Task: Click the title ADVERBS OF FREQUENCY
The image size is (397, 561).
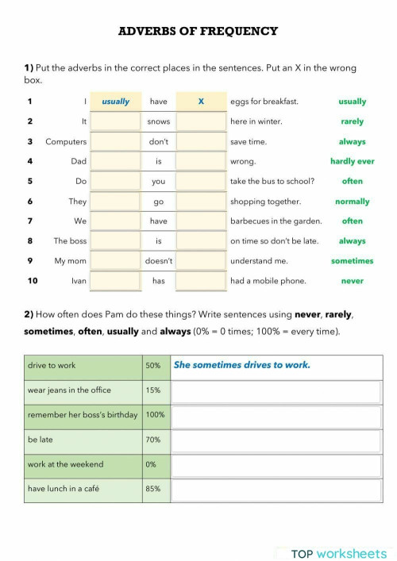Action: click(x=198, y=32)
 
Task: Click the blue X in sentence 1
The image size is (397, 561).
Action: click(x=201, y=102)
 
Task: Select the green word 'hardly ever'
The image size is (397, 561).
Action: click(x=352, y=161)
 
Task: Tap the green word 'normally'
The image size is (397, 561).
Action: click(x=352, y=202)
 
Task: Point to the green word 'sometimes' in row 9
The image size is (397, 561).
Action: click(x=352, y=261)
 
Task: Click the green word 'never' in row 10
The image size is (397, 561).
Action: click(x=352, y=281)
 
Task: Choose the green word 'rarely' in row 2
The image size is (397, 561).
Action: click(x=352, y=121)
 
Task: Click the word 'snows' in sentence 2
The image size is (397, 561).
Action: click(x=159, y=121)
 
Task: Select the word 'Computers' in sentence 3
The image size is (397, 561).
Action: click(x=66, y=141)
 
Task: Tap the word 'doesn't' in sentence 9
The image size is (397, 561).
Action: click(x=159, y=261)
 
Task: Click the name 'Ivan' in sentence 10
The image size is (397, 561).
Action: click(x=78, y=281)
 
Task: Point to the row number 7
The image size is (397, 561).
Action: click(x=30, y=221)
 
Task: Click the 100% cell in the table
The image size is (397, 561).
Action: click(x=155, y=415)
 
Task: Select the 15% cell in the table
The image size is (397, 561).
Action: click(x=152, y=390)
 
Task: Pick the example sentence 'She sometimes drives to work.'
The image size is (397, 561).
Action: click(x=241, y=365)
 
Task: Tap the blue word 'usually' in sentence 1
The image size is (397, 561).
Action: click(x=115, y=102)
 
